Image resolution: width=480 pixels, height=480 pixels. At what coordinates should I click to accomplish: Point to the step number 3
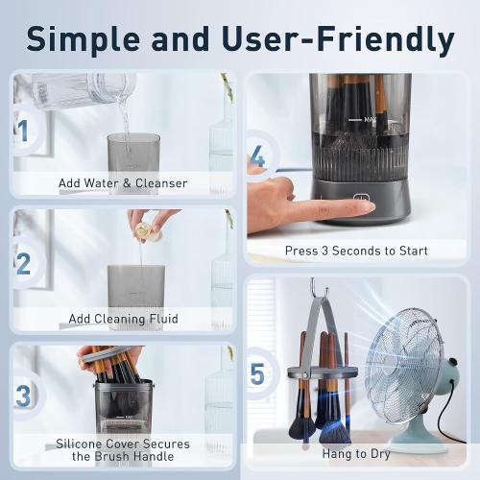point(23,395)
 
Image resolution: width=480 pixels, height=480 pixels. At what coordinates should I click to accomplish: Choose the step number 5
point(257,373)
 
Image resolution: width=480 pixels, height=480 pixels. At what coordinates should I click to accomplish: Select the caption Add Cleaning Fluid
point(123,318)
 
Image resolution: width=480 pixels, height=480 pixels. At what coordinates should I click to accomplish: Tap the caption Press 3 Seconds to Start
point(355,251)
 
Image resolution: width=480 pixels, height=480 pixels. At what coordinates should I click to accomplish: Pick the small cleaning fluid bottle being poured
point(144,230)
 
